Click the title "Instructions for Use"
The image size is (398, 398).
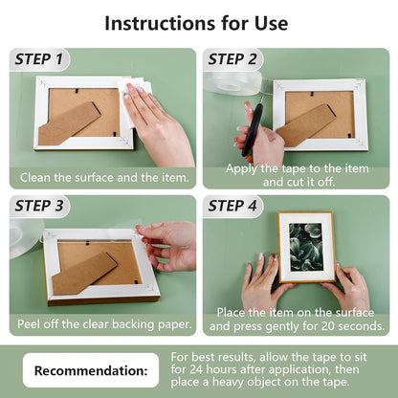coord(196,23)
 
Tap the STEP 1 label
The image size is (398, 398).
coord(39,59)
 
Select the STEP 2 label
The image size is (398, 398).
coord(232,59)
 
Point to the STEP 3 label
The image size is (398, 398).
coord(39,206)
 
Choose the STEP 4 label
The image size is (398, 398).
coord(232,206)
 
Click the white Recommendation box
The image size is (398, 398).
coord(91,370)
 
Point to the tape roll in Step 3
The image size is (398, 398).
coord(25,237)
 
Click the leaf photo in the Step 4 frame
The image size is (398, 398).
coord(306,247)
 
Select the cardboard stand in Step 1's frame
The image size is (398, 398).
coord(69,123)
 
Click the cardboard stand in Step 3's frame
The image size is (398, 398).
coord(84,273)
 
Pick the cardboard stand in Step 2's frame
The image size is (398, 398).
coord(305,125)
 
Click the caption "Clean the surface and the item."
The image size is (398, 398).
coord(104,177)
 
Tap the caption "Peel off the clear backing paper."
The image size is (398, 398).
coord(104,324)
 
